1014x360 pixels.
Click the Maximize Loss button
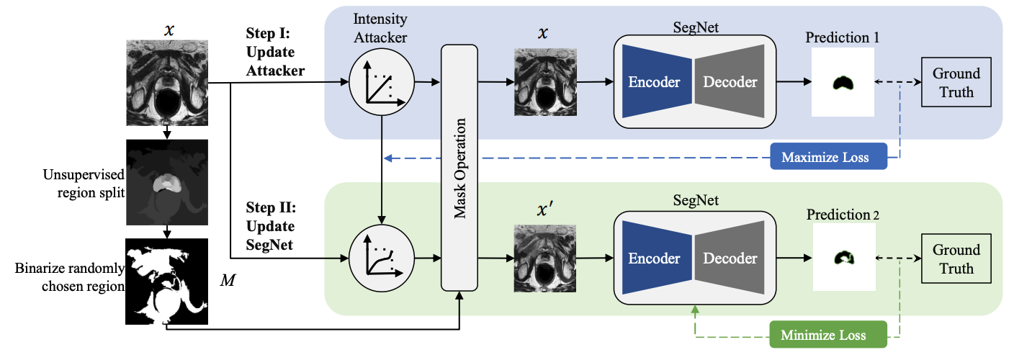825,157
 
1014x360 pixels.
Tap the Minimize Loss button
825,336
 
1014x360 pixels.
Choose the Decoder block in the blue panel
730,81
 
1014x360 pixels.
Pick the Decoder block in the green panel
730,258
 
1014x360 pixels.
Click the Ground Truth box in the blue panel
956,83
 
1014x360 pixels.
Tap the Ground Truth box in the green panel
956,259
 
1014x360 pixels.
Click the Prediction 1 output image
843,82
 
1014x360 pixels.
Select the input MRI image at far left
166,82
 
